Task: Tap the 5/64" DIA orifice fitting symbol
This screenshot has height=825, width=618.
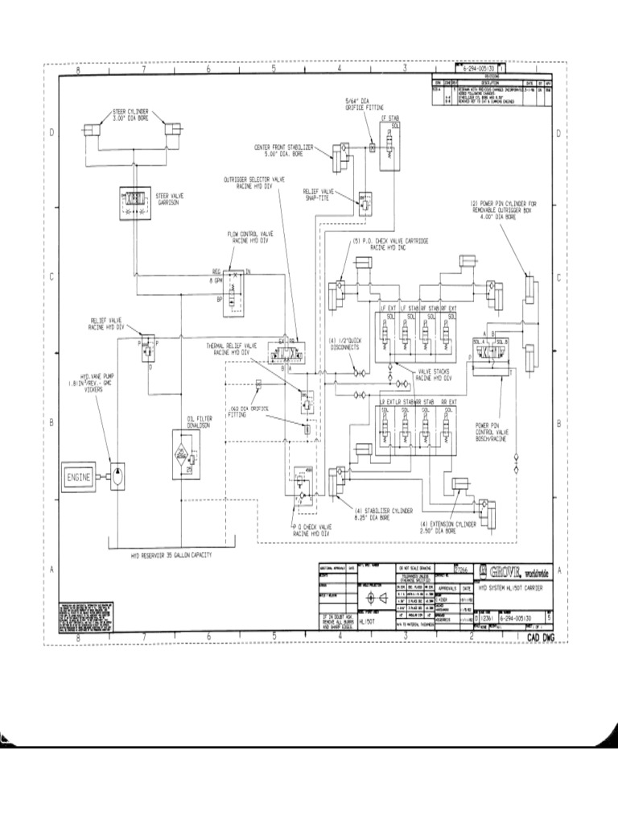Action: (373, 148)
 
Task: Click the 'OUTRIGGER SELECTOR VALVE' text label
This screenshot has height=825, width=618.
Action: (256, 180)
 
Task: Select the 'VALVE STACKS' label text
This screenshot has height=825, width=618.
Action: (434, 373)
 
